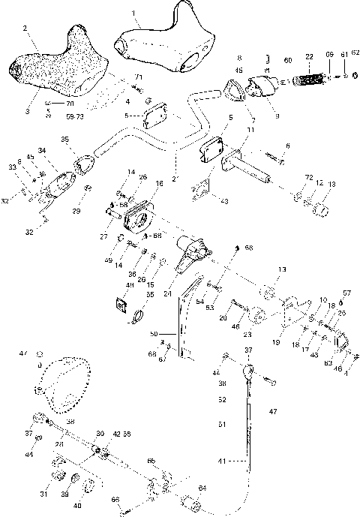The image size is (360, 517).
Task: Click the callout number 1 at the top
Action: (x=133, y=13)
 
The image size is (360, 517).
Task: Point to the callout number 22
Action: (x=309, y=56)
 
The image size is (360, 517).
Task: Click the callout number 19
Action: (x=278, y=339)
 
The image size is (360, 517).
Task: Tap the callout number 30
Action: (x=100, y=434)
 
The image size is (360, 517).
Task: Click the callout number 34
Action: (x=40, y=150)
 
